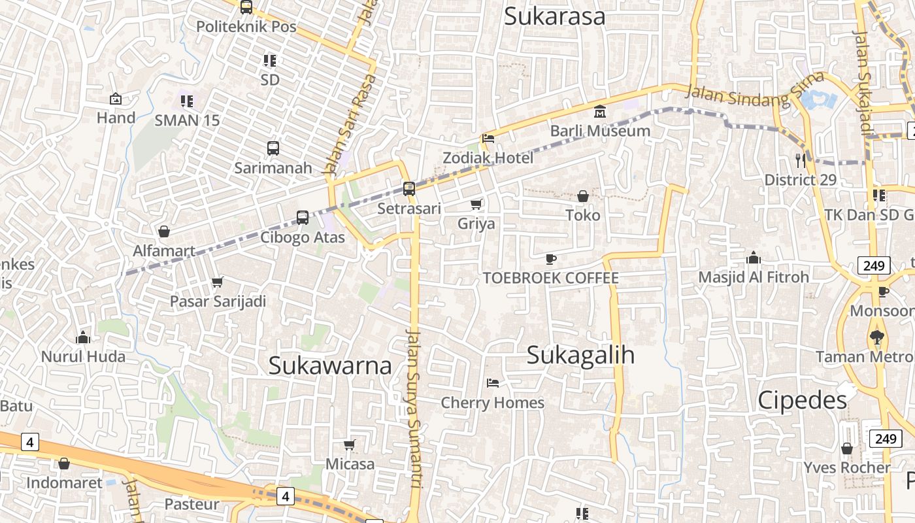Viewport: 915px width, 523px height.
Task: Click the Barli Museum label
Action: (600, 131)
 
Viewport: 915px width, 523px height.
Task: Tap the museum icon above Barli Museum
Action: (600, 112)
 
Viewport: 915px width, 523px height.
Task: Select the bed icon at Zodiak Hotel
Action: (488, 139)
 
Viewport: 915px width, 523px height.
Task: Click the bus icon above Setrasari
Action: (409, 189)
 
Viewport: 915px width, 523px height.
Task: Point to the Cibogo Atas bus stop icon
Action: (303, 217)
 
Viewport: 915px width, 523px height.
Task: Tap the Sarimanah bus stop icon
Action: (273, 148)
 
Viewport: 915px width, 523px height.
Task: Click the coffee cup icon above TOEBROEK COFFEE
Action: (551, 259)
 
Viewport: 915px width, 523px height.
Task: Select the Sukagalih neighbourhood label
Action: (580, 355)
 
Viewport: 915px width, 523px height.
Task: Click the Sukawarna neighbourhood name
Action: (330, 365)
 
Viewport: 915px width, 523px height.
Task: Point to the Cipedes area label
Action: (802, 400)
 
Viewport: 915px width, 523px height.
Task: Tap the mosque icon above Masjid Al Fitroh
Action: (754, 258)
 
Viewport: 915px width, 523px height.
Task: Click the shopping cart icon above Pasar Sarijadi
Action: (218, 282)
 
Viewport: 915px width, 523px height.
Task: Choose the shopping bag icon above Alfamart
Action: (164, 231)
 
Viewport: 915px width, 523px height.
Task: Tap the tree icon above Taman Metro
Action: (876, 337)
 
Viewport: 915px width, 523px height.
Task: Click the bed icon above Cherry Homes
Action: (493, 382)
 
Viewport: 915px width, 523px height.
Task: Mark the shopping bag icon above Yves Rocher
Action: (847, 448)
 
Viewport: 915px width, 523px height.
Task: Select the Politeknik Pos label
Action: (246, 27)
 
